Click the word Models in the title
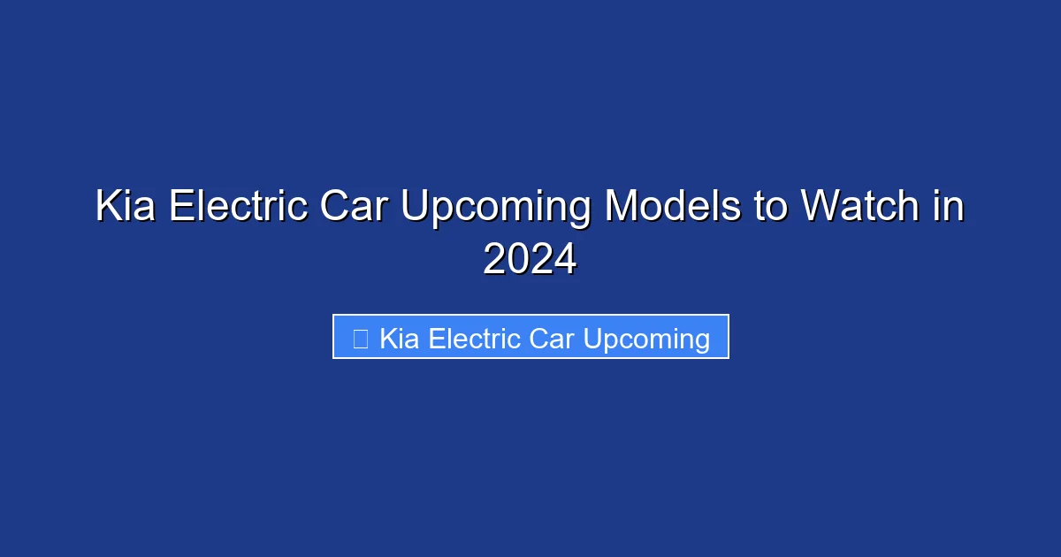(x=673, y=208)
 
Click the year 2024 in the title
(x=530, y=260)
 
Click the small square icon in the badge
(x=360, y=339)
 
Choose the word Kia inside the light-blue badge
(x=400, y=339)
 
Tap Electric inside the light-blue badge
(x=475, y=339)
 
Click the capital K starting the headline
(x=108, y=208)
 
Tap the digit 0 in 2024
(x=518, y=260)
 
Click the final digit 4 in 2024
(x=565, y=260)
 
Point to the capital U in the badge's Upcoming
(x=592, y=339)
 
